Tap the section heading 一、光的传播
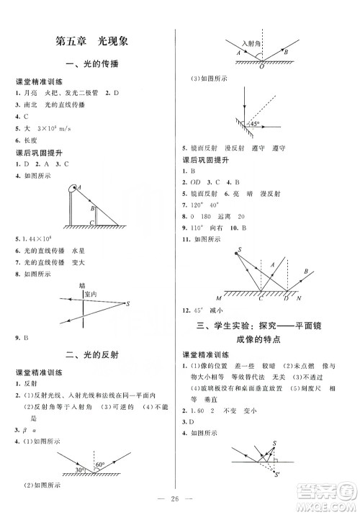coord(91,65)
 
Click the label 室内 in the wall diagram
coord(90,295)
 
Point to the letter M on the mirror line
coord(219,298)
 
